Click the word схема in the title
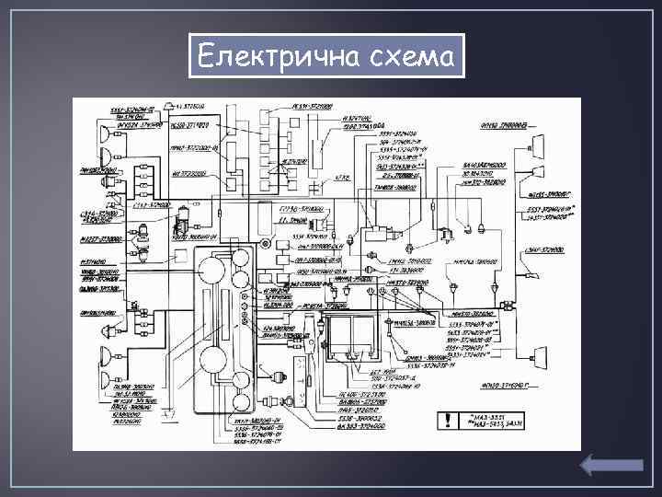click(407, 58)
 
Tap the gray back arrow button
click(611, 467)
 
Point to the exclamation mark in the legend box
click(446, 422)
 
